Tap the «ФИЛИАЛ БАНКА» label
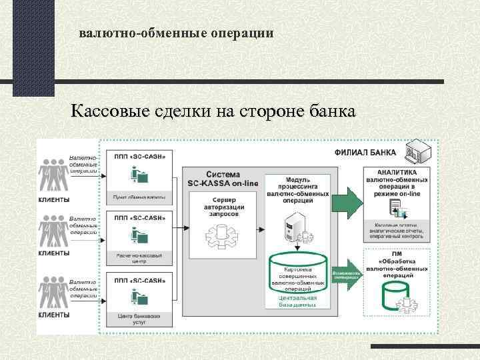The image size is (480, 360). (x=365, y=153)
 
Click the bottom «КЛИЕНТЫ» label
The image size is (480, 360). (x=54, y=314)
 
